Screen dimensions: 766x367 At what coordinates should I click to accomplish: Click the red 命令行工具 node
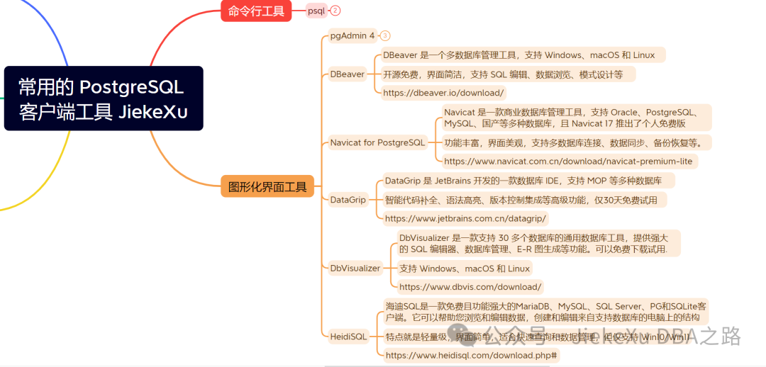(256, 11)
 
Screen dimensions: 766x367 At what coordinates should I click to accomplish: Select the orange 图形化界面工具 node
(267, 186)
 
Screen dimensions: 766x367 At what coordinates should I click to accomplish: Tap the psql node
(316, 11)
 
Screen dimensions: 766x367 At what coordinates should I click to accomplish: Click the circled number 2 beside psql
(335, 11)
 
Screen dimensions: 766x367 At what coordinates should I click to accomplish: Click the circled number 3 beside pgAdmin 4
(385, 35)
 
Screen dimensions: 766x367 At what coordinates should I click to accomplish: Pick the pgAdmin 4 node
(352, 35)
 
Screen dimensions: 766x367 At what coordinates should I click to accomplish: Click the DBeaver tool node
(347, 74)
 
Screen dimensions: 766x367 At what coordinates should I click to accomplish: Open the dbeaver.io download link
(443, 92)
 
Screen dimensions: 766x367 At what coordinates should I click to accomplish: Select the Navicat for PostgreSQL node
(377, 142)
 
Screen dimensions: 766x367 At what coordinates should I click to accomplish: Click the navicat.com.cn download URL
(567, 162)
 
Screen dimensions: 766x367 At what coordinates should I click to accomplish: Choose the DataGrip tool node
(348, 200)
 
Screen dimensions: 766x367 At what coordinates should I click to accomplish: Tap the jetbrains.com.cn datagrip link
(466, 218)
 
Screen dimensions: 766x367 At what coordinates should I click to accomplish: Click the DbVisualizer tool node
(355, 268)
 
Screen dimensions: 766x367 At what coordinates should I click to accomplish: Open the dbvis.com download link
(470, 287)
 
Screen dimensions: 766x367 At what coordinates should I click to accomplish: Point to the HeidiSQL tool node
(348, 337)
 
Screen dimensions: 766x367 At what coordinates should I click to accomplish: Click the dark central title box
(104, 98)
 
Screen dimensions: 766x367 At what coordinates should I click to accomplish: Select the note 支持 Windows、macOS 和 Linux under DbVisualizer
(464, 269)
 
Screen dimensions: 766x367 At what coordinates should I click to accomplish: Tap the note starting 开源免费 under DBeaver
(503, 74)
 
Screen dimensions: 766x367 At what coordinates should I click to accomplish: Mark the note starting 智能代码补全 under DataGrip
(521, 200)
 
